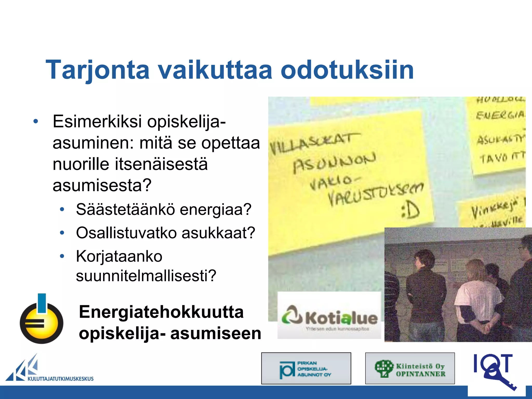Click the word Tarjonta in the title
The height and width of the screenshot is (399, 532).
97,70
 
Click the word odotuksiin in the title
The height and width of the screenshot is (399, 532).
347,70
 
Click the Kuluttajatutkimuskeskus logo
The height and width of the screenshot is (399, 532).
49,369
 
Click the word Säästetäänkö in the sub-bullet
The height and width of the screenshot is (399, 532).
125,209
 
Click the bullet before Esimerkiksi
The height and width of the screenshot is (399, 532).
36,121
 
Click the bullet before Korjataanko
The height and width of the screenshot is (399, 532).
62,256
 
